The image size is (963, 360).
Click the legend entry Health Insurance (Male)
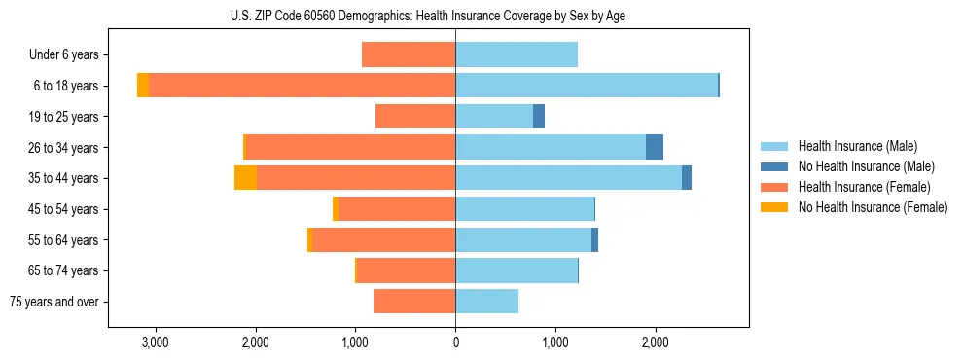(x=856, y=146)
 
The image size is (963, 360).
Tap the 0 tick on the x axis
(x=455, y=342)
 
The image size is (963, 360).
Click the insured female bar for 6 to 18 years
(x=302, y=86)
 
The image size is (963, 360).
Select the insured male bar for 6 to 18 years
(x=587, y=86)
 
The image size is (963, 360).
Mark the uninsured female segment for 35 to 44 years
(x=246, y=178)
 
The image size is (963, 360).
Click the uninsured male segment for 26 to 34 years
(x=655, y=147)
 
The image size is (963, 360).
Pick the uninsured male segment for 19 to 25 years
(x=539, y=117)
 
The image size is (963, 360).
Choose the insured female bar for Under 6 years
(x=409, y=54)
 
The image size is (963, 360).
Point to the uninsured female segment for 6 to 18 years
(x=143, y=86)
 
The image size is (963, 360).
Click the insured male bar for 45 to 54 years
(x=524, y=209)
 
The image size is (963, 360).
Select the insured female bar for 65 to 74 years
(x=406, y=270)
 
